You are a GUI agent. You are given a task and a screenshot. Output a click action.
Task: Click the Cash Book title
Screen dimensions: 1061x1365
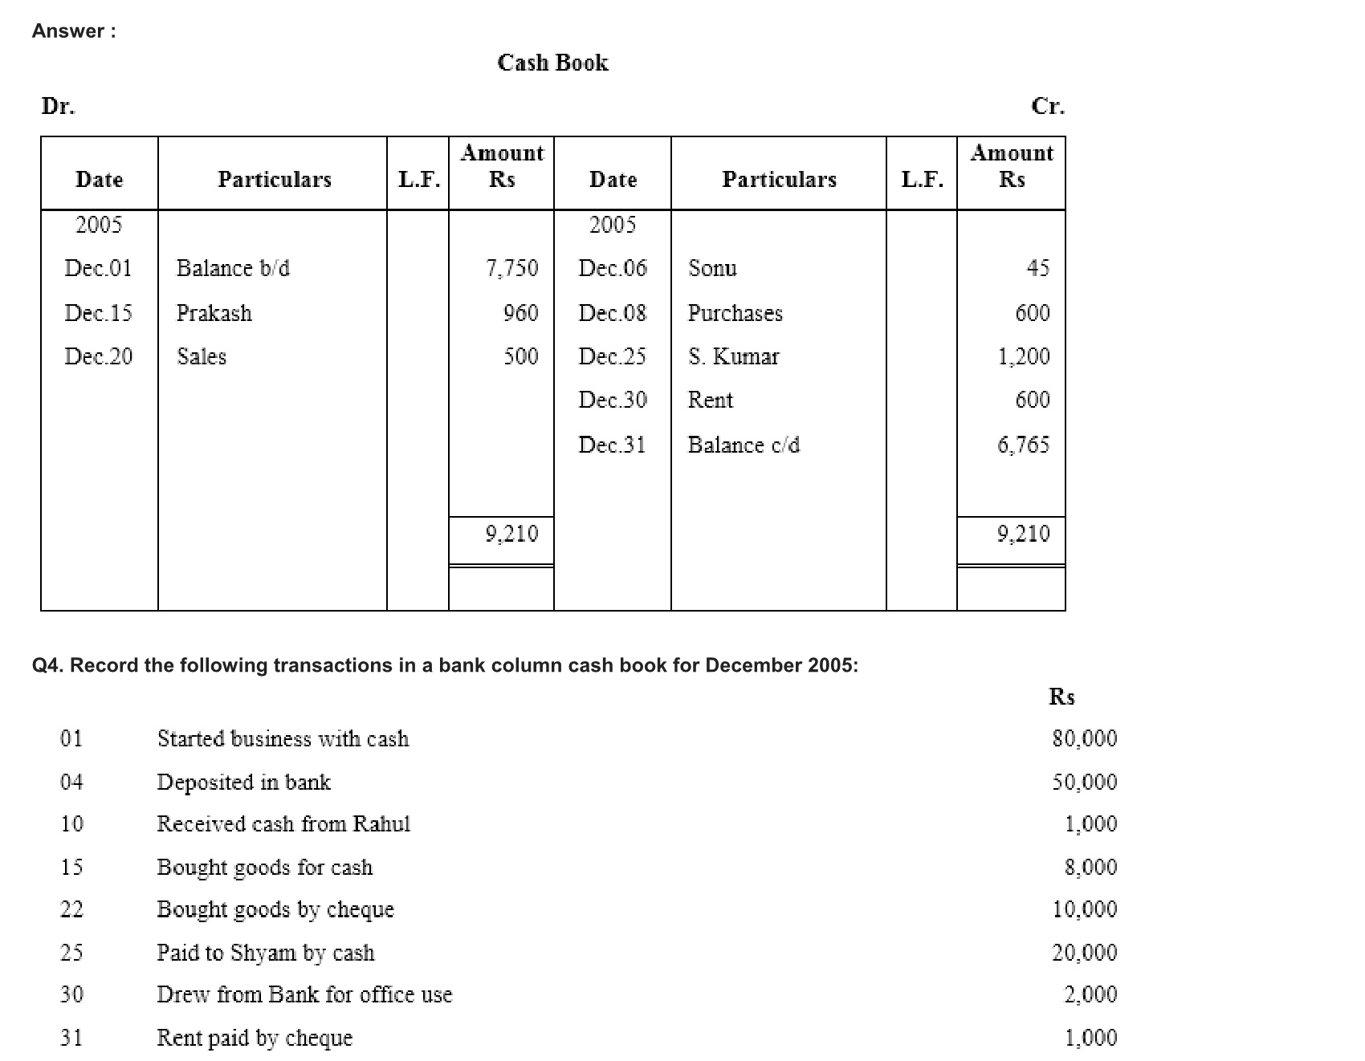[x=552, y=63]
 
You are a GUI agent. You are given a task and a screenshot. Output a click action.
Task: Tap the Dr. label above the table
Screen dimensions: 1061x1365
[x=58, y=106]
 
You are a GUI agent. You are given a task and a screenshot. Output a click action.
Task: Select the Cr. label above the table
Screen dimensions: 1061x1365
[x=1047, y=106]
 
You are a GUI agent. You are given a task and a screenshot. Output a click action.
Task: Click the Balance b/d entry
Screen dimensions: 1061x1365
[x=233, y=268]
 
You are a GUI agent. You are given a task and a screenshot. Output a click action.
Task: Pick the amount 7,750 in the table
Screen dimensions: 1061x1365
[x=511, y=268]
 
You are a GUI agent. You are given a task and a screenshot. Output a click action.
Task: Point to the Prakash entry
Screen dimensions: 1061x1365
[x=214, y=313]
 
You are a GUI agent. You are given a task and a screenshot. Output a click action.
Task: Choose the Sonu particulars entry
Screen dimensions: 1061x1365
[x=712, y=268]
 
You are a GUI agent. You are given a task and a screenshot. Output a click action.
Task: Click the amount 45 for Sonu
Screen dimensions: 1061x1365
[x=1037, y=268]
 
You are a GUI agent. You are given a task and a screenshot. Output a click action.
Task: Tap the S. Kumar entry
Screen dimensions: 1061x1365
[x=733, y=356]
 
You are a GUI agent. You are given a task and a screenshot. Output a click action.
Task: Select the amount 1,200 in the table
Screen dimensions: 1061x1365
[x=1023, y=356]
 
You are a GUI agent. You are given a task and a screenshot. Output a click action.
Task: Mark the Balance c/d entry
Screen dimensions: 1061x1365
[x=744, y=445]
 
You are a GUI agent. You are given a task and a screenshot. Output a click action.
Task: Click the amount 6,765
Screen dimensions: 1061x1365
[x=1023, y=445]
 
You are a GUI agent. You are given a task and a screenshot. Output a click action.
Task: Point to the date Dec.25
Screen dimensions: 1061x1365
[x=612, y=356]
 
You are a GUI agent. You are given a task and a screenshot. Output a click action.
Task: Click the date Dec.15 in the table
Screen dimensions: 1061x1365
[x=98, y=313]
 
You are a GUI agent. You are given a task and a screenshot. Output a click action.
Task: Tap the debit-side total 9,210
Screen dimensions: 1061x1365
[x=511, y=534]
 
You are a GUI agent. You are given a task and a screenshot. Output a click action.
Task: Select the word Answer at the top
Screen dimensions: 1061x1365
[x=68, y=31]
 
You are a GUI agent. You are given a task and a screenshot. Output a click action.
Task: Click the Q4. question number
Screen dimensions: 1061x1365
[x=47, y=665]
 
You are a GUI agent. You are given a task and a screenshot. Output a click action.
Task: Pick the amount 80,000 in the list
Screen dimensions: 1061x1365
[x=1084, y=738]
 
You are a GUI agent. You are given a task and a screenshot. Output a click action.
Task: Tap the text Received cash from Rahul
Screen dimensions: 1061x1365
[x=283, y=824]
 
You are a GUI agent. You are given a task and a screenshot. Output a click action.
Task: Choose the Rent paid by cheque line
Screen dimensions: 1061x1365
[x=255, y=1038]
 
